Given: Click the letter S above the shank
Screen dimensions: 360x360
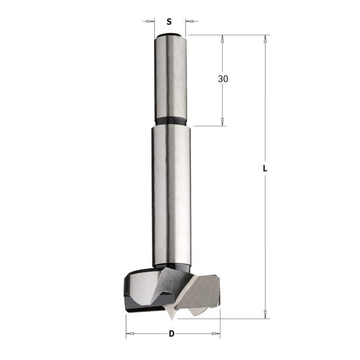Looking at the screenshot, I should (x=169, y=21).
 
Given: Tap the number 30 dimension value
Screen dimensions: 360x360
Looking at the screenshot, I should (x=223, y=79).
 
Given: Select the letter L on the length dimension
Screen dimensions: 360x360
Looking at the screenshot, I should (x=265, y=169).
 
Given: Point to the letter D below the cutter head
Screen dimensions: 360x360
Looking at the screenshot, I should (x=172, y=334).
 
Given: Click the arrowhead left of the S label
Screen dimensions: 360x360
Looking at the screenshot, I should (x=151, y=22).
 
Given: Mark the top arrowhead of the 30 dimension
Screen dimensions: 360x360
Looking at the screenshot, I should (x=223, y=38).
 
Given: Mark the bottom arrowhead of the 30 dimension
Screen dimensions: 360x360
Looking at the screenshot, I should (x=223, y=122).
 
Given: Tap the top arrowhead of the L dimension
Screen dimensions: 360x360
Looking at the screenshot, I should (x=266, y=38).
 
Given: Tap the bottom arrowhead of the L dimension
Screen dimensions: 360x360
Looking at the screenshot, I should (x=266, y=315).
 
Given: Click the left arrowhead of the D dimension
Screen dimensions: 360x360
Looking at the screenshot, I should (x=129, y=334).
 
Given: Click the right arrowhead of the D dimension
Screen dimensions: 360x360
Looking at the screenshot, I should (x=217, y=334).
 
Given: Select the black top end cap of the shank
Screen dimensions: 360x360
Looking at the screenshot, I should (x=169, y=35).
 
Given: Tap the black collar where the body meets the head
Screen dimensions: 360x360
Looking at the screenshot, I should (x=172, y=268).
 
